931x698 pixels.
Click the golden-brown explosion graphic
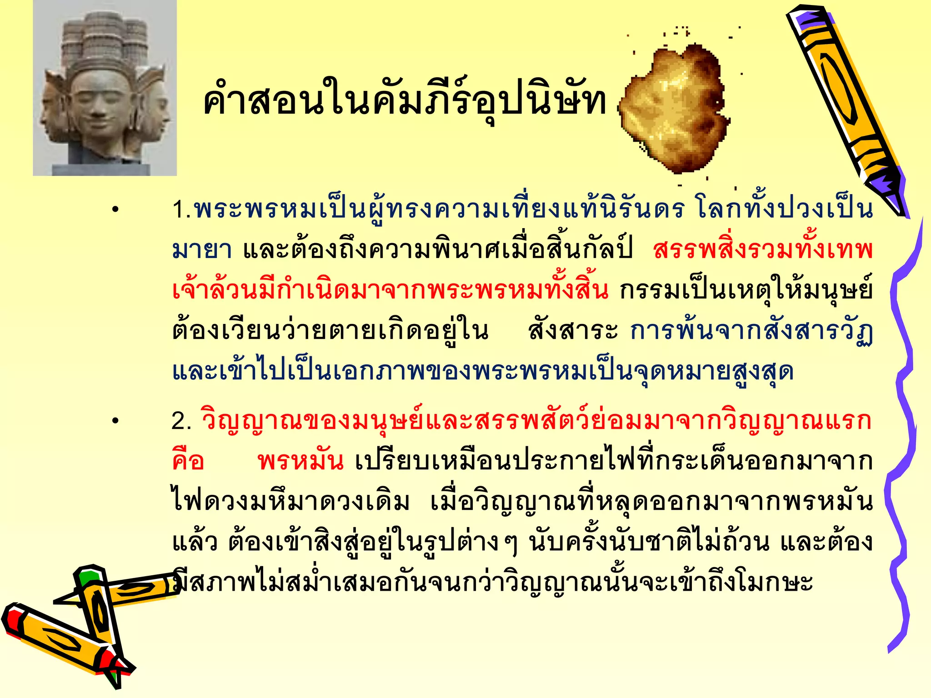675,109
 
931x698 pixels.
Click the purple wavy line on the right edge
902,432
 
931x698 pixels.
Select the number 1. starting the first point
181,210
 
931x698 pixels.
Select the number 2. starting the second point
181,421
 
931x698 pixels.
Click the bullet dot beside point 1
116,210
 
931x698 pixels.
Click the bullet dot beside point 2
116,421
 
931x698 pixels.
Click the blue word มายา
202,250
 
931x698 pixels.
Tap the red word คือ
188,462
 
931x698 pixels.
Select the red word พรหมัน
300,462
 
